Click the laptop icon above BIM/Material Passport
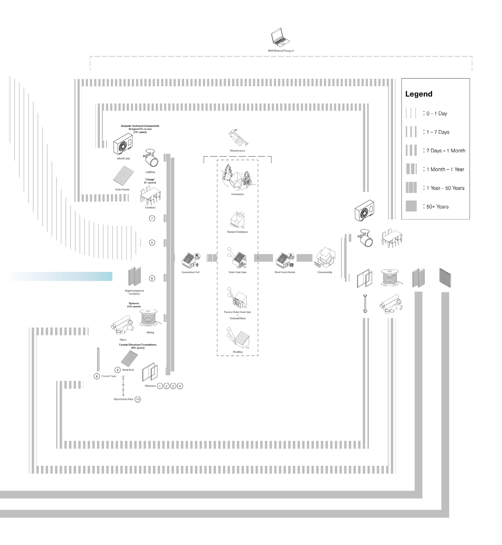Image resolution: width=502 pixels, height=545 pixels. coord(280,37)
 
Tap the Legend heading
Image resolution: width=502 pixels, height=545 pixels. coord(419,94)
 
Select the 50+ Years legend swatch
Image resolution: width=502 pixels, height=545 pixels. coord(411,206)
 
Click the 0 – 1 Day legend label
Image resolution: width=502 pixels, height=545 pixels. coord(437,113)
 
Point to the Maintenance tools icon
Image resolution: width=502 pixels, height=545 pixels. coord(238,138)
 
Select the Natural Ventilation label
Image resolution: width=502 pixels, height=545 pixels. coord(237,232)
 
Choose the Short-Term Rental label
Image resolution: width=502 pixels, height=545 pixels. coord(284,272)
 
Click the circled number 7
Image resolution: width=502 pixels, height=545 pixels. coord(152,218)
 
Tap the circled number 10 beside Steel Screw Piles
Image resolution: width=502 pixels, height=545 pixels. coord(138,399)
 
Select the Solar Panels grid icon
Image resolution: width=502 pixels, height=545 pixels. coord(123,175)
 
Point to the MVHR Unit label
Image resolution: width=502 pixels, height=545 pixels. coord(124,159)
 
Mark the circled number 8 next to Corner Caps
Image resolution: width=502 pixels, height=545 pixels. coord(97,376)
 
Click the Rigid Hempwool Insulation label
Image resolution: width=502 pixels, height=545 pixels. coord(134,292)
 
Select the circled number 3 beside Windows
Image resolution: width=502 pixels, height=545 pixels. coord(173,386)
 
